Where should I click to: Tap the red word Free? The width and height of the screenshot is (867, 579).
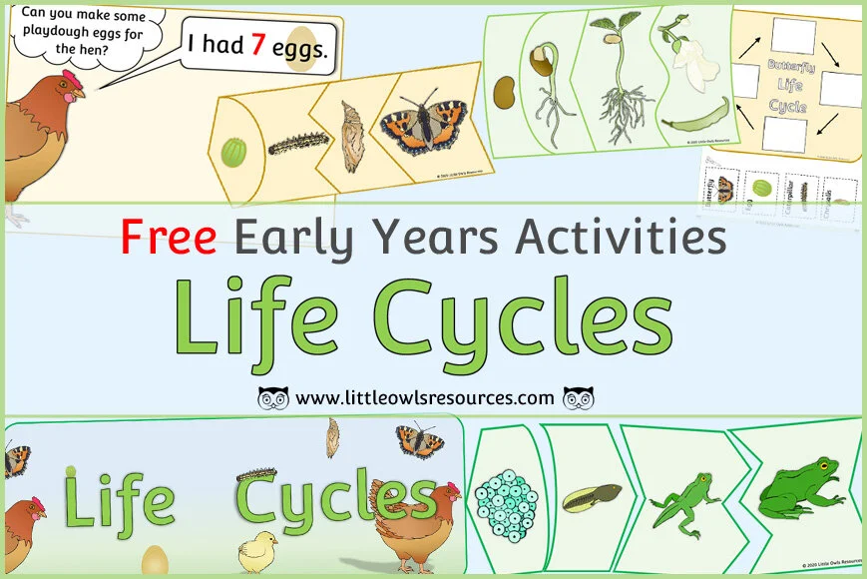[168, 236]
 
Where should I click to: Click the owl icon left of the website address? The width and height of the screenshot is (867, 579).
[273, 397]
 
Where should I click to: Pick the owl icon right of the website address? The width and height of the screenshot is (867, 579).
[579, 397]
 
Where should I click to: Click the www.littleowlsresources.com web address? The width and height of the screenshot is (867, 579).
[425, 397]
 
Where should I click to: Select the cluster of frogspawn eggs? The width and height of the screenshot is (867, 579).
[509, 493]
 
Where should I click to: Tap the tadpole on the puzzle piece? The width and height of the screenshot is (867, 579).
[592, 496]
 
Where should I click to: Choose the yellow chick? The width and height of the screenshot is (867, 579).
[257, 548]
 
